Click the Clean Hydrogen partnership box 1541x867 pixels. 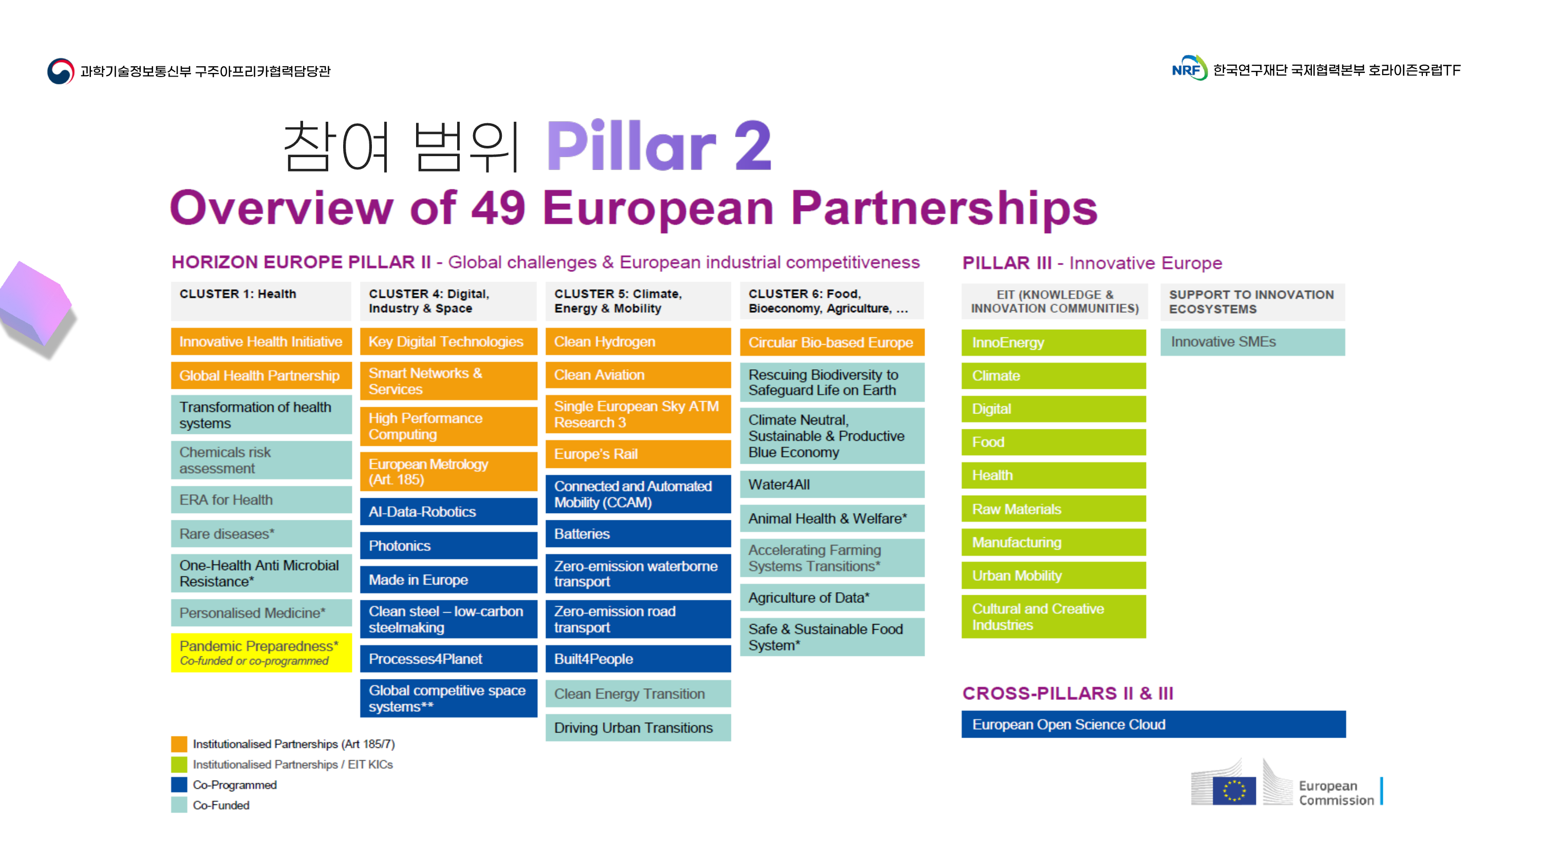coord(637,342)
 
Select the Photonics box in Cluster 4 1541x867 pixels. coord(448,545)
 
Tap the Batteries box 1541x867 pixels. coord(637,534)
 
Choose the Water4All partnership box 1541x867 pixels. coord(832,485)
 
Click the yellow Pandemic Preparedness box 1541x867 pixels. coord(261,653)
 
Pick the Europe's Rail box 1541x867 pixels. coord(637,454)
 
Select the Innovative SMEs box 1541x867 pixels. coord(1252,342)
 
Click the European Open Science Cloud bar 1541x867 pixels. coord(1153,725)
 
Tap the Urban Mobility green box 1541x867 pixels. coord(1054,576)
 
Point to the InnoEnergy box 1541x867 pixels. coord(1054,342)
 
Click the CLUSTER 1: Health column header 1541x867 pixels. coord(261,301)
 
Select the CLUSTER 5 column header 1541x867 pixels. coord(637,301)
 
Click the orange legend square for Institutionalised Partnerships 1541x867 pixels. coord(179,744)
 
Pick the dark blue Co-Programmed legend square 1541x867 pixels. coord(179,784)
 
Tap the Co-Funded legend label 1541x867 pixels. coord(221,805)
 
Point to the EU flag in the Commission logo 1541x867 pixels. coord(1234,791)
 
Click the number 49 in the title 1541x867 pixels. coord(498,208)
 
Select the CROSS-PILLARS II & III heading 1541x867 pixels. coord(1068,693)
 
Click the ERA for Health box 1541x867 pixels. coord(261,500)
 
